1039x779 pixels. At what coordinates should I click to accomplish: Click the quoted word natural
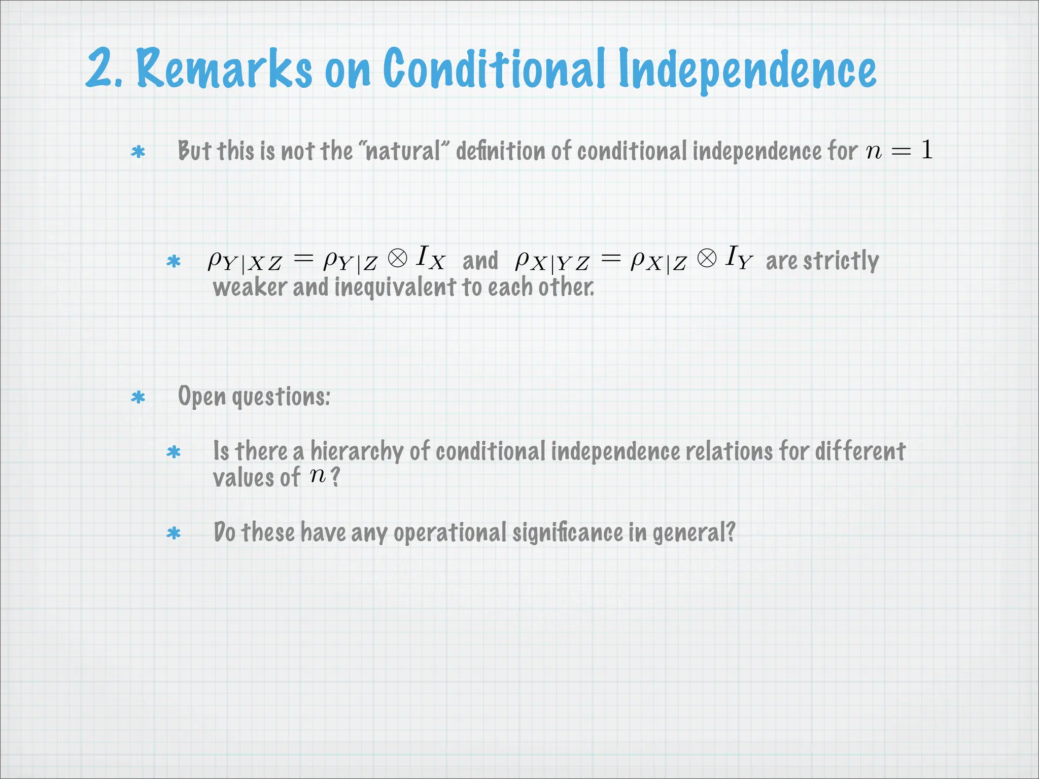[x=403, y=151]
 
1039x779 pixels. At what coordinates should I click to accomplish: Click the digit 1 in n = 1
[x=927, y=150]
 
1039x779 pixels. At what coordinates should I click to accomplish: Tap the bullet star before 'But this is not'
[x=138, y=152]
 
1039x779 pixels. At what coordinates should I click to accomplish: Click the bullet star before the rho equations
[x=174, y=262]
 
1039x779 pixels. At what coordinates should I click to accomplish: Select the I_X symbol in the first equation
[x=430, y=257]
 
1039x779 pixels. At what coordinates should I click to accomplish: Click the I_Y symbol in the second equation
[x=738, y=257]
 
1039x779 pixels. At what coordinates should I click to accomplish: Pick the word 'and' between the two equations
[x=480, y=261]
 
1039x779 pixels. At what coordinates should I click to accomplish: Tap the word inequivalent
[x=395, y=288]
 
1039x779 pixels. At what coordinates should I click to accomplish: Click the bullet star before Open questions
[x=138, y=398]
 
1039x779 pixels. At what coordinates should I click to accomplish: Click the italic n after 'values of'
[x=318, y=476]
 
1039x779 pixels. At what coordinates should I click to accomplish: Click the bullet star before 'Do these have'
[x=174, y=534]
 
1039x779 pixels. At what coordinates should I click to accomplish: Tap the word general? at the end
[x=694, y=533]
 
